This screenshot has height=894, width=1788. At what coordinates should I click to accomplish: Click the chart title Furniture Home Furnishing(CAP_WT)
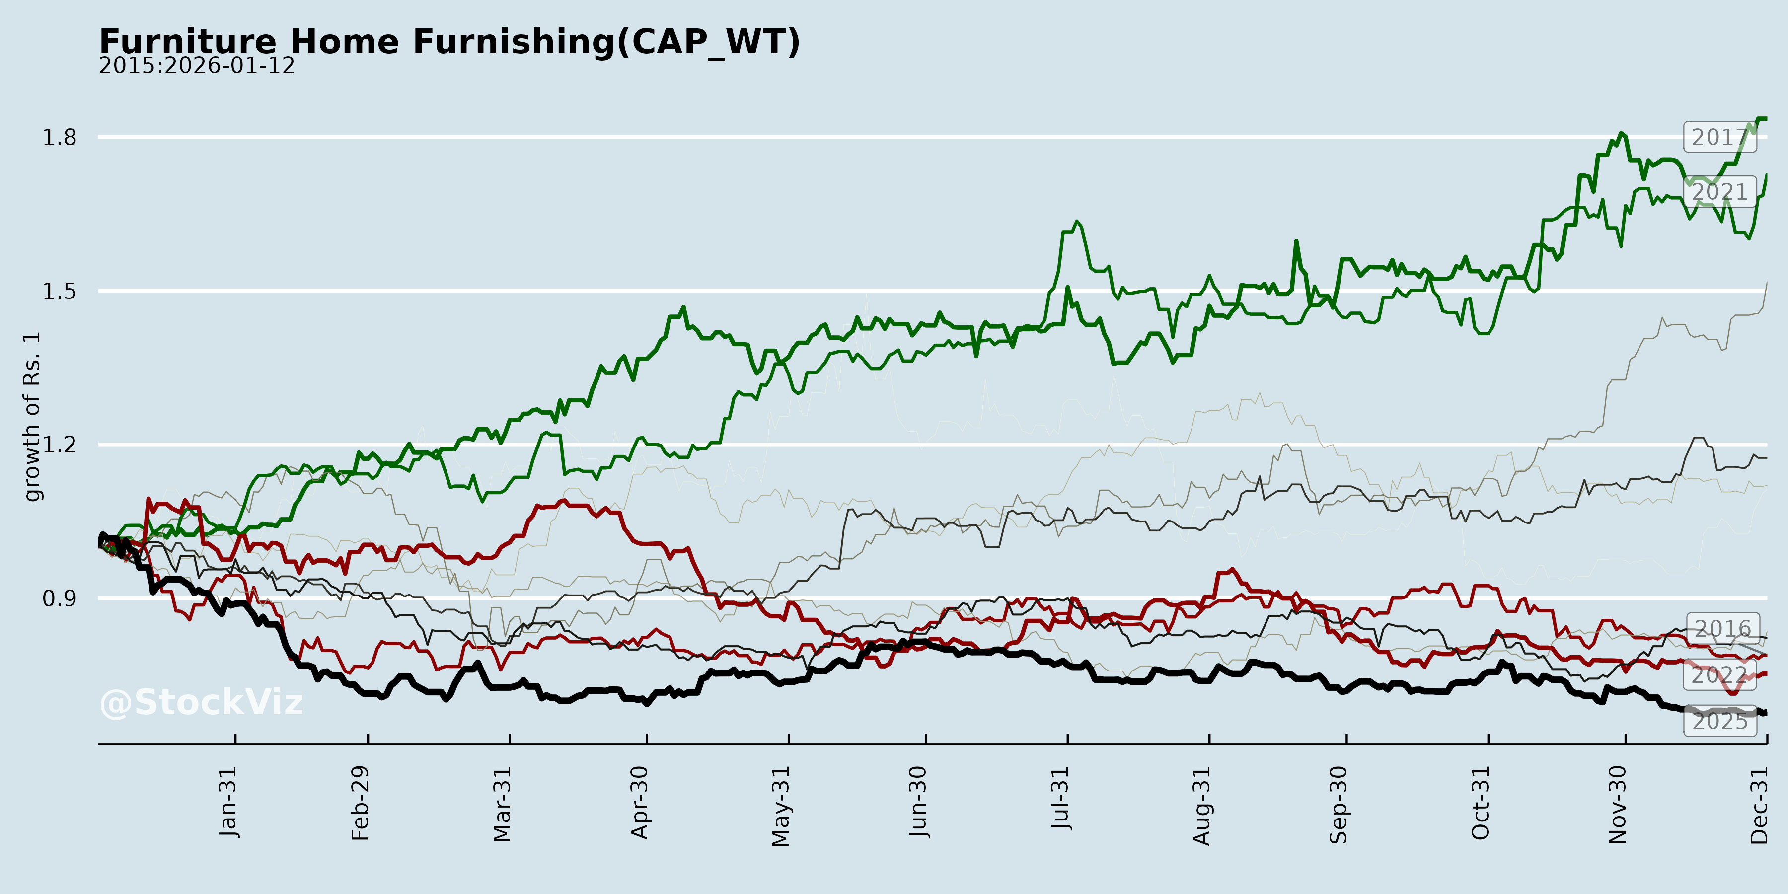[x=450, y=42]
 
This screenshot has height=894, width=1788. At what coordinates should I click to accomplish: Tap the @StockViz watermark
[x=201, y=702]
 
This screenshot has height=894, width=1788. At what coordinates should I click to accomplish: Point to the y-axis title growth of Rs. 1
[x=32, y=417]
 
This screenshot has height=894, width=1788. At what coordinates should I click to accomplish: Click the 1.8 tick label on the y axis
[x=60, y=138]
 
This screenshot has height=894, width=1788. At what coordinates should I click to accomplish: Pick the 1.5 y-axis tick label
[x=60, y=291]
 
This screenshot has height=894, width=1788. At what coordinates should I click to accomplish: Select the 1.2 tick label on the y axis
[x=60, y=444]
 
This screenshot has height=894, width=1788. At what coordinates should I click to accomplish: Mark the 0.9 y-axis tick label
[x=60, y=598]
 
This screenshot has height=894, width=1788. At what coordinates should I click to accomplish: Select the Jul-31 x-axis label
[x=1060, y=798]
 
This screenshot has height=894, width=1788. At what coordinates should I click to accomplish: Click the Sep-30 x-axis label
[x=1339, y=805]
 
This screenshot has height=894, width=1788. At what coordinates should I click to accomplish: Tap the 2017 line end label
[x=1720, y=138]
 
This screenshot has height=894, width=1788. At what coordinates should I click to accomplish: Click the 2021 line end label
[x=1720, y=192]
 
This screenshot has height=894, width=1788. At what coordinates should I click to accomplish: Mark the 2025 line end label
[x=1720, y=721]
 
